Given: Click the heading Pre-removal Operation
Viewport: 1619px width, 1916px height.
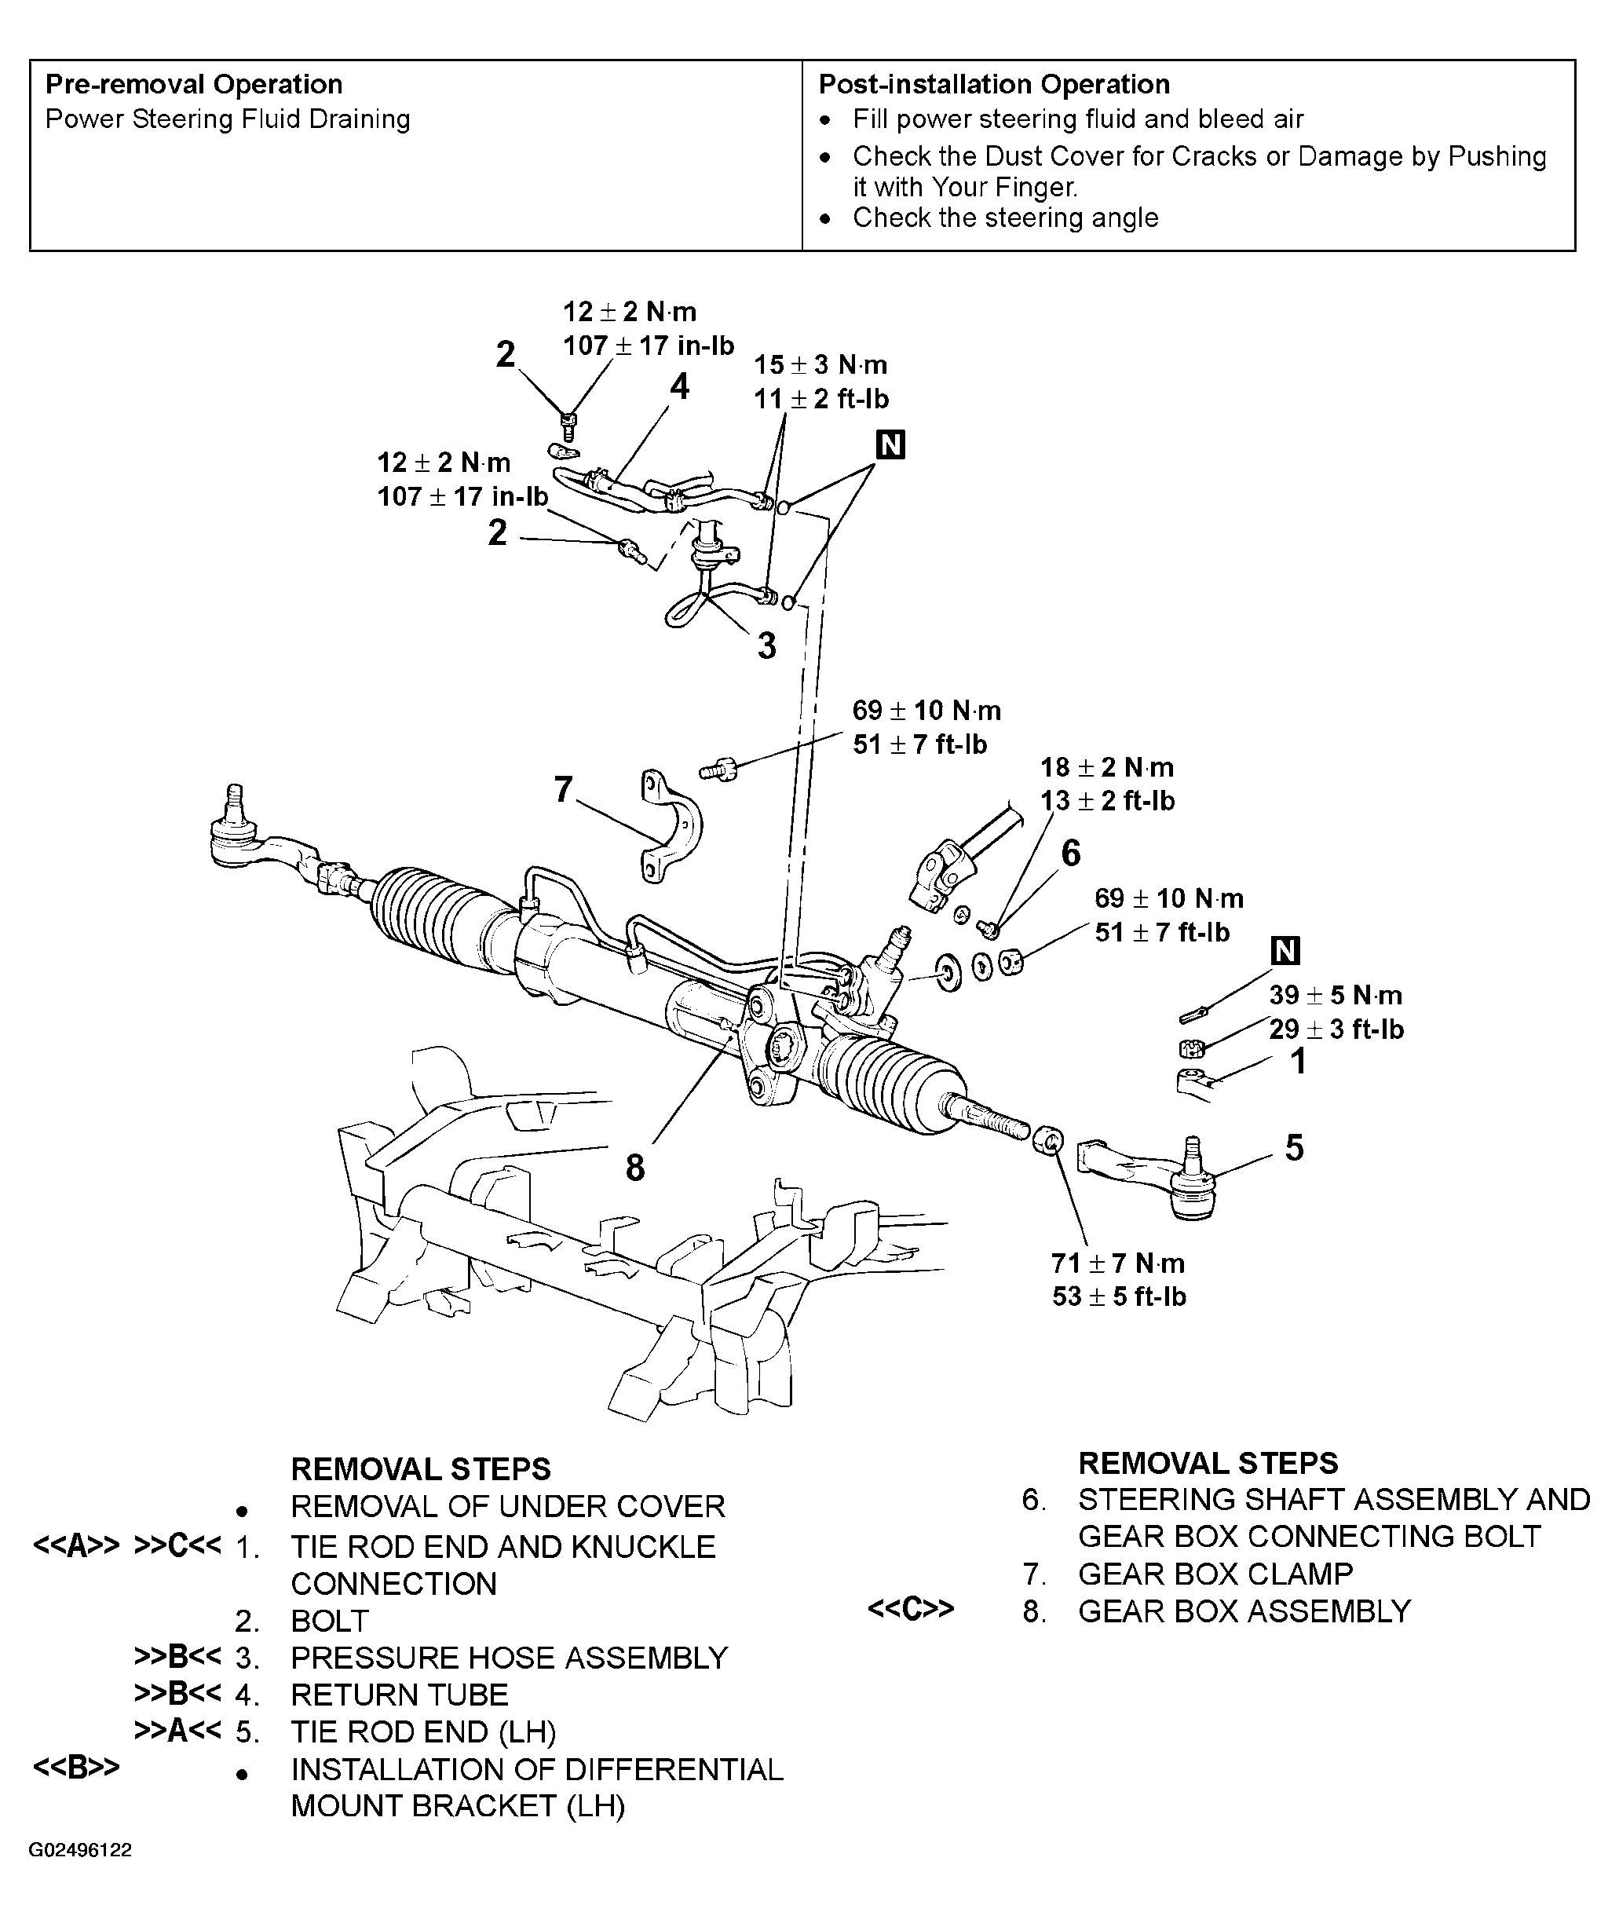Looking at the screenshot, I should click(x=194, y=85).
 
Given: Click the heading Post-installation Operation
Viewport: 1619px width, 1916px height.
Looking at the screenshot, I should click(x=993, y=85).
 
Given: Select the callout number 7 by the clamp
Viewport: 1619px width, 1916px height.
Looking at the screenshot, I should click(x=564, y=788).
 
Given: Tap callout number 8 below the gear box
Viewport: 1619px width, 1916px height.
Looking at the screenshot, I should click(x=635, y=1168).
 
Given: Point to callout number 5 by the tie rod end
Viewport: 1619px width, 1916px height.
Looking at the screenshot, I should click(x=1293, y=1147).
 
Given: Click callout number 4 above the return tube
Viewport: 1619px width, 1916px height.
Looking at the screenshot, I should click(x=679, y=386).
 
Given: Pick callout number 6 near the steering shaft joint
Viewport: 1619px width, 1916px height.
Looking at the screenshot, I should click(x=1070, y=853).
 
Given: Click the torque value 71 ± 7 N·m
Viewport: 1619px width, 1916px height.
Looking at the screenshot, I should click(x=1117, y=1263).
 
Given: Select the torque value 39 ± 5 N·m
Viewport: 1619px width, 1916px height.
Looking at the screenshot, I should click(x=1335, y=995).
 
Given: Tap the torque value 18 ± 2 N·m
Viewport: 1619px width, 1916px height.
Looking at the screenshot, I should click(x=1106, y=766).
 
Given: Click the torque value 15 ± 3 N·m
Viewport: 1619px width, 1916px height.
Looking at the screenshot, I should click(x=820, y=365).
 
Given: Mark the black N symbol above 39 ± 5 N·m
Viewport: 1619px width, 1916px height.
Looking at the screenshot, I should click(x=1285, y=950).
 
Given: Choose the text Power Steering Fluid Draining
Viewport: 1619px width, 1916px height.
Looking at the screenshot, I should click(x=227, y=119).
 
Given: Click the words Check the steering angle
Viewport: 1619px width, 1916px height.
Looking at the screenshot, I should click(x=1004, y=218).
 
